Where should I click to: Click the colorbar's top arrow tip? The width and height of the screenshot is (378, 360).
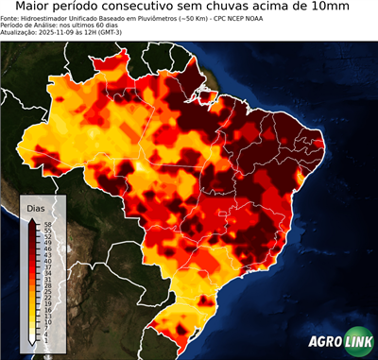(32, 218)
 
